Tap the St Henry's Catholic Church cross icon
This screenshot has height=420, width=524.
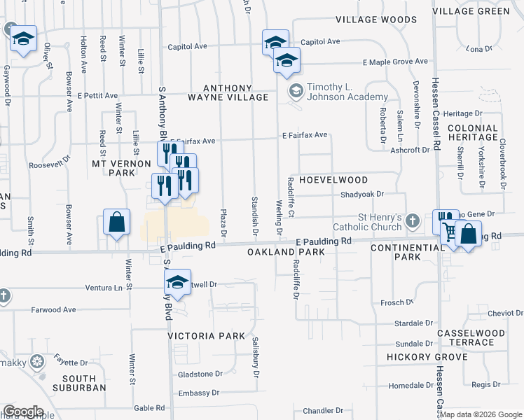[413, 221]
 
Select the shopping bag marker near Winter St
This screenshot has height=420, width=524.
[116, 223]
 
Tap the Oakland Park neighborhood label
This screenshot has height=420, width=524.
[286, 252]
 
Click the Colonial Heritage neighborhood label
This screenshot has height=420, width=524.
[473, 133]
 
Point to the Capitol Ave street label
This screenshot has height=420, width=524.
[188, 47]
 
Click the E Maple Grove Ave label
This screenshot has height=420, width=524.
[395, 62]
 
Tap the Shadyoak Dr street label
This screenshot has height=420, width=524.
[361, 195]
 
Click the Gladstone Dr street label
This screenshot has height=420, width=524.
[199, 374]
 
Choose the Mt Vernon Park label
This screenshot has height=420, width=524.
[122, 168]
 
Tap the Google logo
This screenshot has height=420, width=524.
[22, 412]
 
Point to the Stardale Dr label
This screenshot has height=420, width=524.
[414, 323]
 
